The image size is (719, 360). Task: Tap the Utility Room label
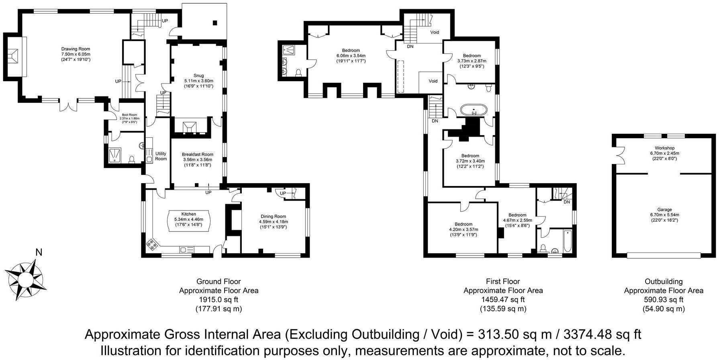coord(161,156)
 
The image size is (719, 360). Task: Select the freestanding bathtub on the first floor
coord(474,110)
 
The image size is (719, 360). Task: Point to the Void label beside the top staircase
coord(435,32)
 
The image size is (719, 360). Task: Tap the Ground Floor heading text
coord(219,282)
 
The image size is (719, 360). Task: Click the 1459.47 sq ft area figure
coord(503,300)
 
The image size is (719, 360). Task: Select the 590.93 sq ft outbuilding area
coord(664,300)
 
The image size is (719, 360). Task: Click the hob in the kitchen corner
coord(153,244)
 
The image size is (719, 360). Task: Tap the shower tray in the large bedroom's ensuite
coord(288,49)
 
